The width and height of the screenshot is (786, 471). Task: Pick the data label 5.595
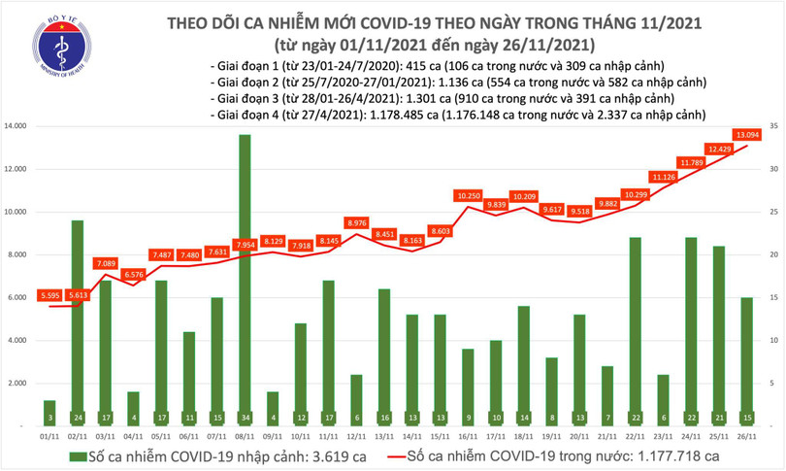[49, 295]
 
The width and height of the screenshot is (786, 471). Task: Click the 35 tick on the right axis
[772, 126]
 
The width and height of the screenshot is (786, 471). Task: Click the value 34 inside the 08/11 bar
[245, 419]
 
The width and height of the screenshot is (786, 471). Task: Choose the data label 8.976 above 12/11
[357, 222]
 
